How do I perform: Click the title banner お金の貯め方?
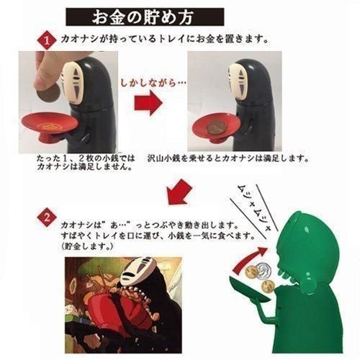[x=145, y=17]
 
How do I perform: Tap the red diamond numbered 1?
[x=47, y=40]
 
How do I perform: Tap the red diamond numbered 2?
[x=47, y=217]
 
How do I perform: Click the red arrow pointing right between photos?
[x=148, y=102]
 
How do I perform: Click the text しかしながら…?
[x=153, y=83]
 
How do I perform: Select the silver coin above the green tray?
[x=265, y=269]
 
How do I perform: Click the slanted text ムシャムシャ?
[x=253, y=207]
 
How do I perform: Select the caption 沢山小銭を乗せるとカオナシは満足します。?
[x=228, y=158]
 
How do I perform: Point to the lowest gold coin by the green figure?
[x=269, y=287]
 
